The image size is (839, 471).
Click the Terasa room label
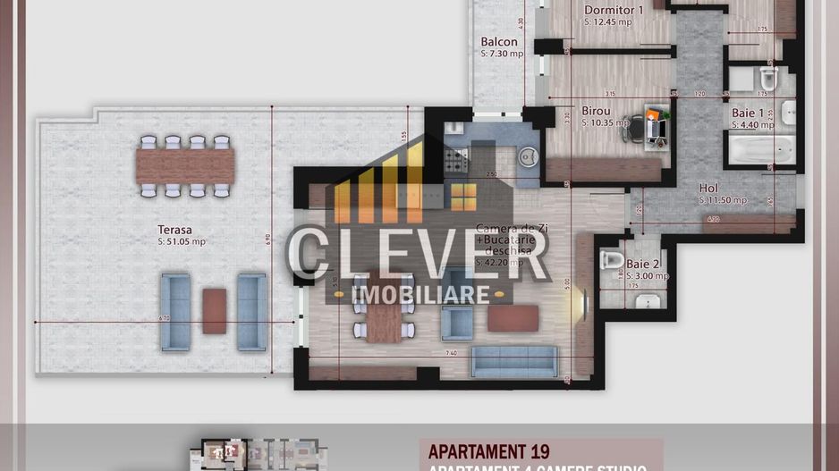pyautogui.click(x=174, y=229)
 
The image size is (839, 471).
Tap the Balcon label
pyautogui.click(x=499, y=41)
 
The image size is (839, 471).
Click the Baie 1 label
pyautogui.click(x=748, y=114)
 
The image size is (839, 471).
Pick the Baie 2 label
pyautogui.click(x=644, y=264)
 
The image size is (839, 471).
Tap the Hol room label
pyautogui.click(x=708, y=188)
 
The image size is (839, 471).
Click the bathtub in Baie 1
pyautogui.click(x=759, y=149)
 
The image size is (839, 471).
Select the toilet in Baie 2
pyautogui.click(x=613, y=261)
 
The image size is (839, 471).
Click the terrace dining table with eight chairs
pyautogui.click(x=185, y=165)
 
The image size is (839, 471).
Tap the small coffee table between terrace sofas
pyautogui.click(x=214, y=311)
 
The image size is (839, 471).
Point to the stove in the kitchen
pyautogui.click(x=456, y=158)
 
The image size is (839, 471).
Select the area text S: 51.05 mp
pyautogui.click(x=182, y=241)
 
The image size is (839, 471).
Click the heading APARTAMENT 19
pyautogui.click(x=489, y=451)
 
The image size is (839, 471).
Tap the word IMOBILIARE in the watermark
pyautogui.click(x=421, y=294)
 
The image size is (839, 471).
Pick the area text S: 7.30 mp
pyautogui.click(x=502, y=54)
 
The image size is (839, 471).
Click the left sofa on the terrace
pyautogui.click(x=175, y=311)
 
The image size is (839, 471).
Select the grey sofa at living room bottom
pyautogui.click(x=513, y=361)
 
